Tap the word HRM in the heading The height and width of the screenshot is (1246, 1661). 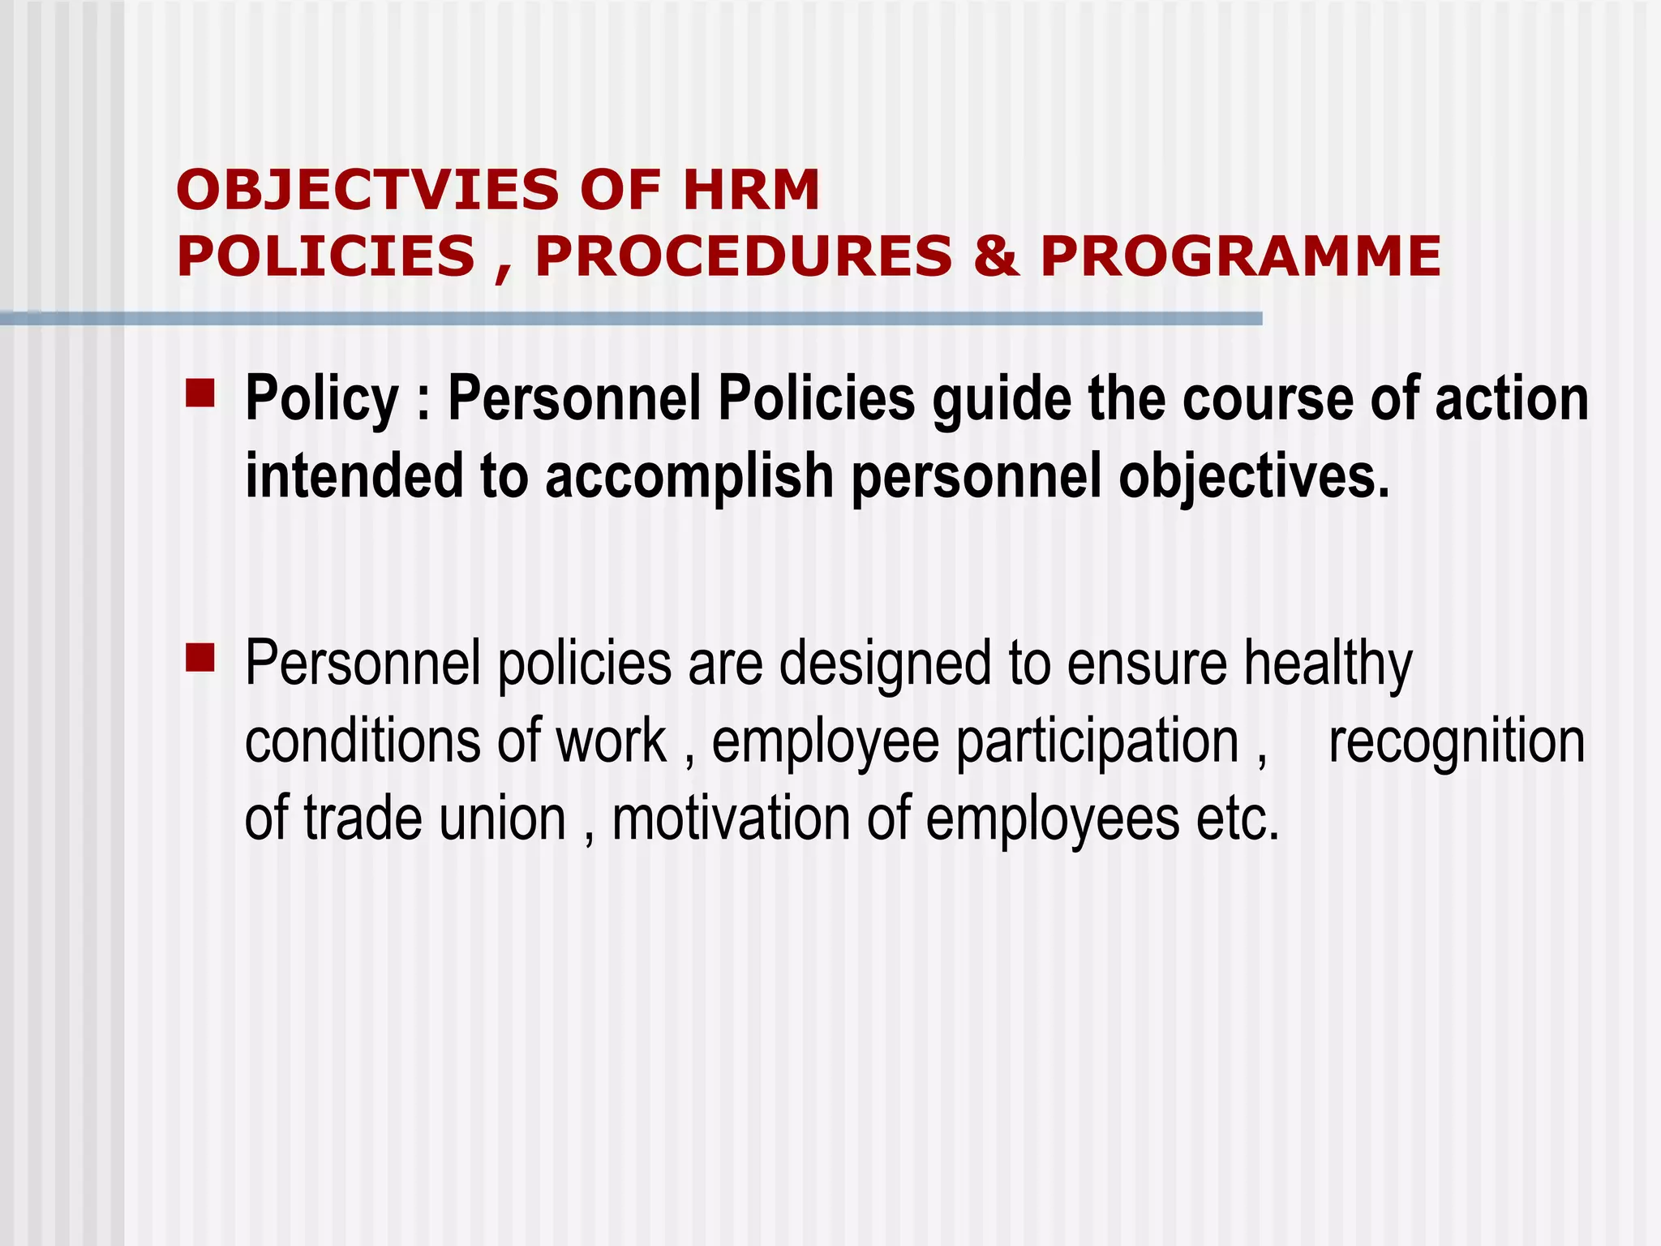point(751,190)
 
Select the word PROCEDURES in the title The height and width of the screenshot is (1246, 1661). point(744,256)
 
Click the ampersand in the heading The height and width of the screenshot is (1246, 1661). point(996,256)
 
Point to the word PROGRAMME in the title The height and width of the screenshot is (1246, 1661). point(1240,256)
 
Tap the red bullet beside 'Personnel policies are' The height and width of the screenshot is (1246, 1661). point(200,658)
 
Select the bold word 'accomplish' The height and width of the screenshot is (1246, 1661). point(689,476)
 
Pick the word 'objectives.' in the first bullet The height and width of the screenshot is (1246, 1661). point(1254,476)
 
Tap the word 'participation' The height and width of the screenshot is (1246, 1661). point(1097,741)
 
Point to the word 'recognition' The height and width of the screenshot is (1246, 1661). point(1457,741)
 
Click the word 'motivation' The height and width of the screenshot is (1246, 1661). point(731,818)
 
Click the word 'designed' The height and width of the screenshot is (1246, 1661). point(886,664)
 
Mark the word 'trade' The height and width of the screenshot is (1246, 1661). point(363,818)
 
